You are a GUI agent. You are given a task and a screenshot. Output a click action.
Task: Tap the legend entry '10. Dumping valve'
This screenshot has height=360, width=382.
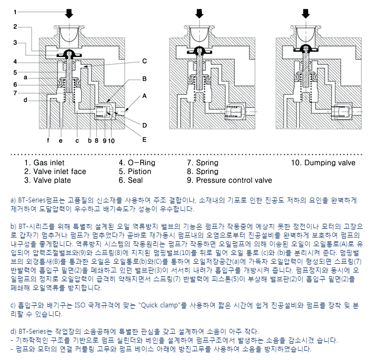pyautogui.click(x=323, y=162)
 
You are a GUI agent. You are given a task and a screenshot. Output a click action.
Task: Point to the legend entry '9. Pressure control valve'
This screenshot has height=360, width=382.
pyautogui.click(x=229, y=180)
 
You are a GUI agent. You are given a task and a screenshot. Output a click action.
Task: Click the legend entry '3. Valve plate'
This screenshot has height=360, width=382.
pyautogui.click(x=47, y=180)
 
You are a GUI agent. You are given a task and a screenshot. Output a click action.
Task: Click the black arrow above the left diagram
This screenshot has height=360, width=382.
pyautogui.click(x=70, y=12)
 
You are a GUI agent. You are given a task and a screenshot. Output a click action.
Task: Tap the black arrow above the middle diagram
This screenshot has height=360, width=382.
pyautogui.click(x=200, y=12)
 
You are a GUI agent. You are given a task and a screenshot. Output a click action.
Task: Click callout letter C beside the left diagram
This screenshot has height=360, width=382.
pyautogui.click(x=145, y=61)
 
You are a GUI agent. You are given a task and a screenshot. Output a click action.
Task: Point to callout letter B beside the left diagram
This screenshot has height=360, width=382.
pyautogui.click(x=145, y=79)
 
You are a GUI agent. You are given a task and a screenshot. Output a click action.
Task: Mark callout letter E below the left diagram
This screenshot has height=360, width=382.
pyautogui.click(x=145, y=139)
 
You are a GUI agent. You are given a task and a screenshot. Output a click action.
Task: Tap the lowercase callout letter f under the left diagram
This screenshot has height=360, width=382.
pyautogui.click(x=48, y=140)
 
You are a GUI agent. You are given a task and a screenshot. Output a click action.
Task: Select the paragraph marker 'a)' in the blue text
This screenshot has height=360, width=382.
pyautogui.click(x=14, y=200)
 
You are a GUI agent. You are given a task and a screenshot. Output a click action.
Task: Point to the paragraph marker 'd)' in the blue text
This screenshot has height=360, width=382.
pyautogui.click(x=14, y=332)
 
